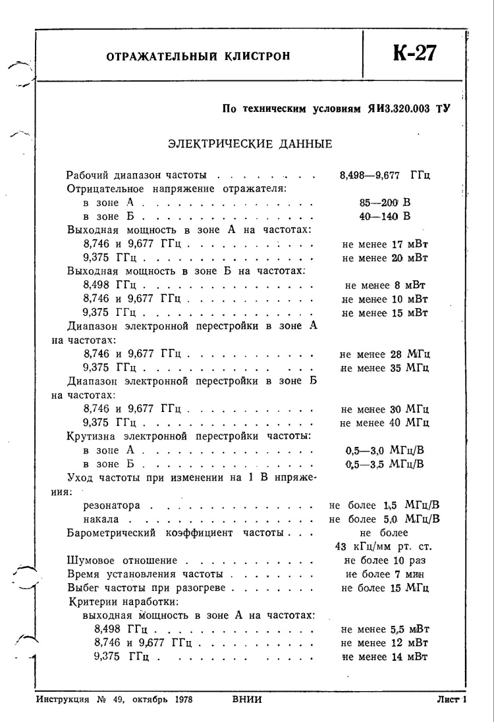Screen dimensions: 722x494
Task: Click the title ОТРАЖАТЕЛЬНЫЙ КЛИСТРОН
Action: [198, 56]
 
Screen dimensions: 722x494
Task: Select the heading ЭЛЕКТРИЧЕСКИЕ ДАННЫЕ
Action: [250, 143]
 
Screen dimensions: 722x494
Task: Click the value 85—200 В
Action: [381, 203]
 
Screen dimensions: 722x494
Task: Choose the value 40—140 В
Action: [381, 216]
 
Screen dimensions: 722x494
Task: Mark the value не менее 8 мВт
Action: [385, 285]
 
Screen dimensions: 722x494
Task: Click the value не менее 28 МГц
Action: [385, 354]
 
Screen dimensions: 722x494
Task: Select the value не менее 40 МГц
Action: [385, 422]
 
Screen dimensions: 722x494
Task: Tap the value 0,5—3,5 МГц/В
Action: [385, 464]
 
